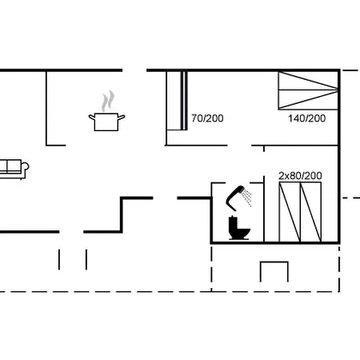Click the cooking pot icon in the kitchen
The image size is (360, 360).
pyautogui.click(x=106, y=122)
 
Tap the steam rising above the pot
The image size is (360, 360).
pyautogui.click(x=107, y=102)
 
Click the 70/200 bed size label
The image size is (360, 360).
pyautogui.click(x=207, y=118)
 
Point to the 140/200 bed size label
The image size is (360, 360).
pyautogui.click(x=306, y=118)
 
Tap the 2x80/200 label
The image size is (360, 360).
pyautogui.click(x=300, y=175)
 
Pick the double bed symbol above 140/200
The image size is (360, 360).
pyautogui.click(x=307, y=90)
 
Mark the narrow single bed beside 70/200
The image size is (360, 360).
pyautogui.click(x=177, y=100)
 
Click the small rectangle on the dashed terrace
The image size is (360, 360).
pyautogui.click(x=274, y=271)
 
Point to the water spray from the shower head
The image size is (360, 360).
pyautogui.click(x=249, y=197)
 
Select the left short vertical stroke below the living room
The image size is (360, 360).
pyautogui.click(x=60, y=259)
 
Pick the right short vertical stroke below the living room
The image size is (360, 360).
pyautogui.click(x=85, y=259)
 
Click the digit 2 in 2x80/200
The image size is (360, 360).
pyautogui.click(x=281, y=175)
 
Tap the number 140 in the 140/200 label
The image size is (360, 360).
pyautogui.click(x=297, y=118)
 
